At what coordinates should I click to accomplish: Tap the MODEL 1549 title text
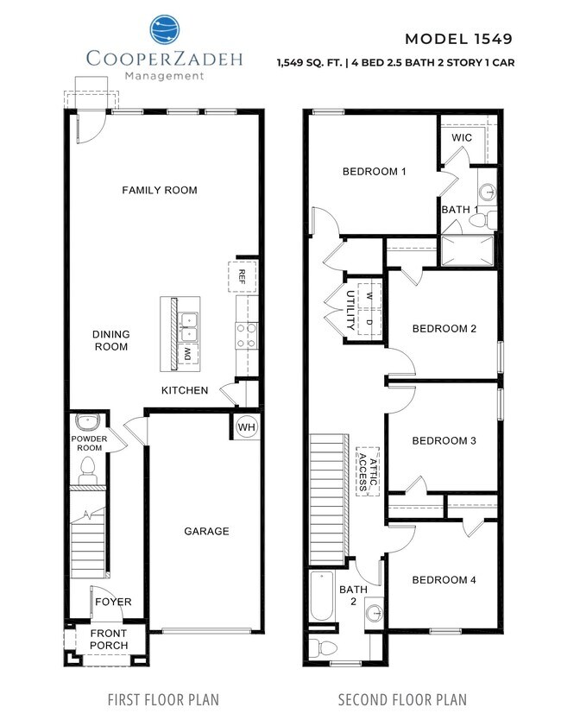(x=459, y=39)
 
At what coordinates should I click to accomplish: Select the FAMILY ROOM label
(x=160, y=190)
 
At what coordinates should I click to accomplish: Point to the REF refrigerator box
(x=243, y=276)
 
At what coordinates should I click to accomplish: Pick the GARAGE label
(x=206, y=531)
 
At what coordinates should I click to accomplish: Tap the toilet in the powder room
(x=87, y=470)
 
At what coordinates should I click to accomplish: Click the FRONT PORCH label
(x=108, y=640)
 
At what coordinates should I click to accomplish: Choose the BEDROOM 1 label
(x=375, y=171)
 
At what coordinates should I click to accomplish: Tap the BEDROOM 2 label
(x=444, y=329)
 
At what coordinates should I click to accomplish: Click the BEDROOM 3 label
(x=444, y=440)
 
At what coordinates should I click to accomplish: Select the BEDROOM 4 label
(x=444, y=580)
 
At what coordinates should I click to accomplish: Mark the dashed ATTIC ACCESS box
(x=369, y=470)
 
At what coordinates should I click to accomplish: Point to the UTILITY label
(x=350, y=312)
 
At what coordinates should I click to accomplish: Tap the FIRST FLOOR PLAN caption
(x=162, y=698)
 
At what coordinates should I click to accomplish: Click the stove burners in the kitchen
(x=246, y=333)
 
